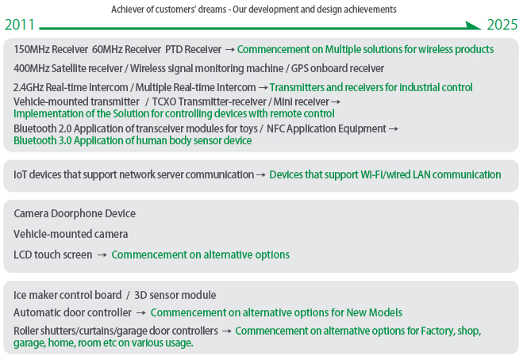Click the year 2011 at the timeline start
click(19, 25)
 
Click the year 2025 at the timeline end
click(502, 25)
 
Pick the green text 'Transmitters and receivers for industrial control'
click(371, 87)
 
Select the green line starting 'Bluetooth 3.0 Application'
click(133, 140)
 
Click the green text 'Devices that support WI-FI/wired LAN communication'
click(385, 174)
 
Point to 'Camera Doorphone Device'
click(75, 213)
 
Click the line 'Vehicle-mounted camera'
click(71, 234)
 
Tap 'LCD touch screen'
click(52, 255)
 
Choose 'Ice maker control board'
click(67, 295)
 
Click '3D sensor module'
click(175, 295)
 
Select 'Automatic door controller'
click(72, 312)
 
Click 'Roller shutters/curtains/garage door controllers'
click(116, 330)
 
